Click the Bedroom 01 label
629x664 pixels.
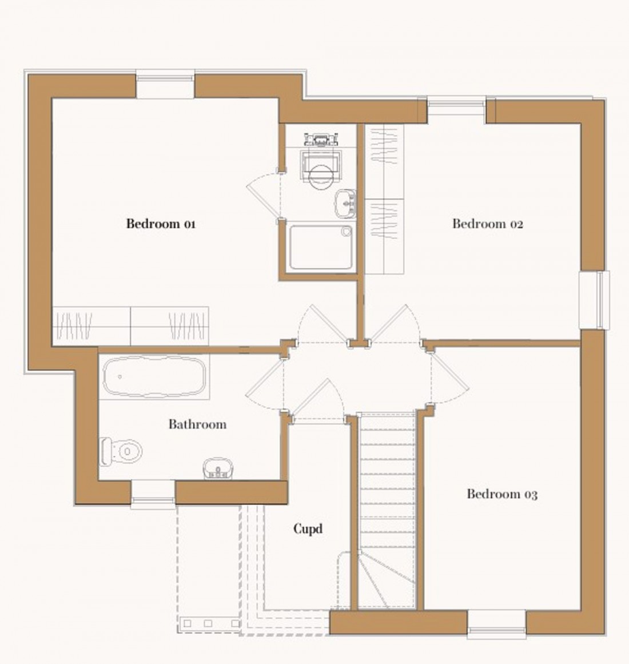[161, 224]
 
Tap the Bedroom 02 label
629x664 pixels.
[487, 224]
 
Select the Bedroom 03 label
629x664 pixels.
[501, 494]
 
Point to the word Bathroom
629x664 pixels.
[197, 424]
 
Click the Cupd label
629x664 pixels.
[308, 529]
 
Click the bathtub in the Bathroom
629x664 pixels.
[154, 376]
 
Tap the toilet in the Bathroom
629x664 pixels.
[121, 451]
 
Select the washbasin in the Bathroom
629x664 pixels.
[217, 468]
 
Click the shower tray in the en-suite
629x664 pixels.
[320, 247]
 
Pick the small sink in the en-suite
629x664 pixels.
[345, 203]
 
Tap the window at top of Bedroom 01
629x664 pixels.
[166, 85]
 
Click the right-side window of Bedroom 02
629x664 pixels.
[595, 299]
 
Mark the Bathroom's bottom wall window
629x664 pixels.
[153, 494]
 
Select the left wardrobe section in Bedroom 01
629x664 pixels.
[91, 326]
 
